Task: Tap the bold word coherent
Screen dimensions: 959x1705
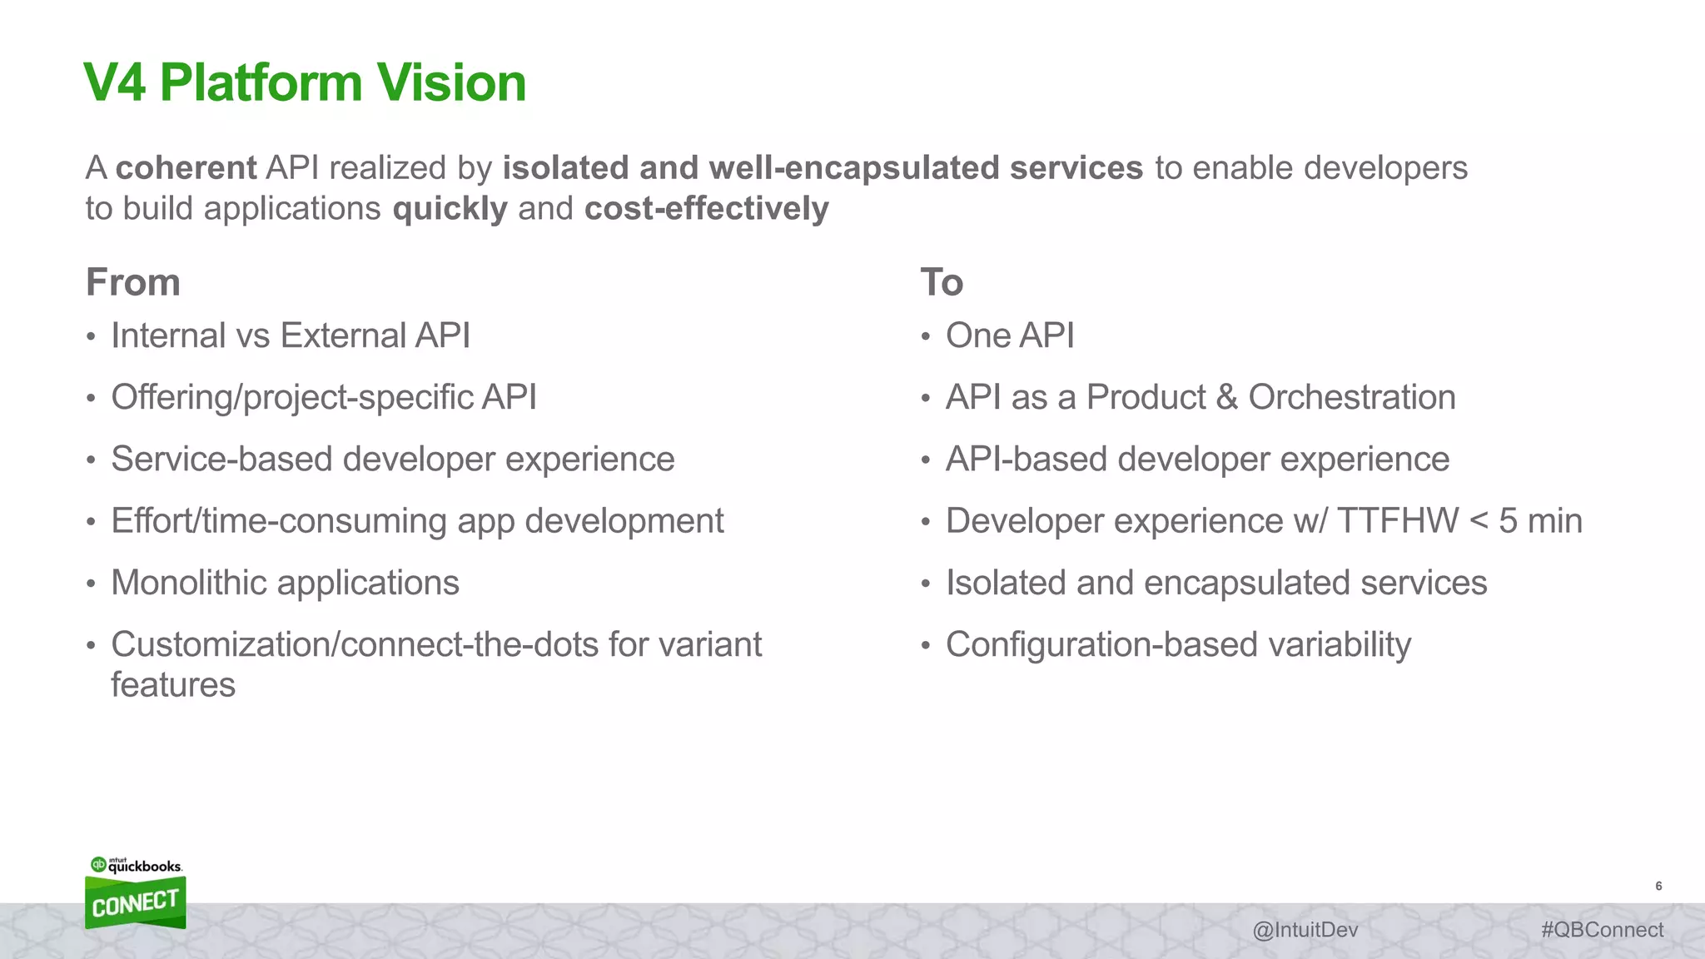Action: coord(186,168)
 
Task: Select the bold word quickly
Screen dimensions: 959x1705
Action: coord(450,209)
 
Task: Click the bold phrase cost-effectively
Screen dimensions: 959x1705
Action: coord(706,209)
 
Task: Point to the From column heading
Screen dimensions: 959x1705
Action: coord(133,282)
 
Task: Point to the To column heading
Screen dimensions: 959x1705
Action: coord(942,282)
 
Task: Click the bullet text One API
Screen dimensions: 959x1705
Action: coord(1009,336)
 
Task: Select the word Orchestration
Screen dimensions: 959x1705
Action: coord(1351,398)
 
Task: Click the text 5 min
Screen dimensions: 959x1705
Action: coord(1540,521)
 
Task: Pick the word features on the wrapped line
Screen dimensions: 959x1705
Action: coord(173,685)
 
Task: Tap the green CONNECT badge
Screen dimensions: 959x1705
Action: coord(135,903)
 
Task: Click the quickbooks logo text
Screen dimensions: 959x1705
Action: coord(145,867)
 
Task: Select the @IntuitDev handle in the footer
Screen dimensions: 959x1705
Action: coord(1305,930)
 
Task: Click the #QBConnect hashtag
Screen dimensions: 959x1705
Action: coord(1602,930)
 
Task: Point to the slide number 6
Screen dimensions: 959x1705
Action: coord(1658,887)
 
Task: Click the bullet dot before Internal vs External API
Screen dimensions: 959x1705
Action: coord(91,338)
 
